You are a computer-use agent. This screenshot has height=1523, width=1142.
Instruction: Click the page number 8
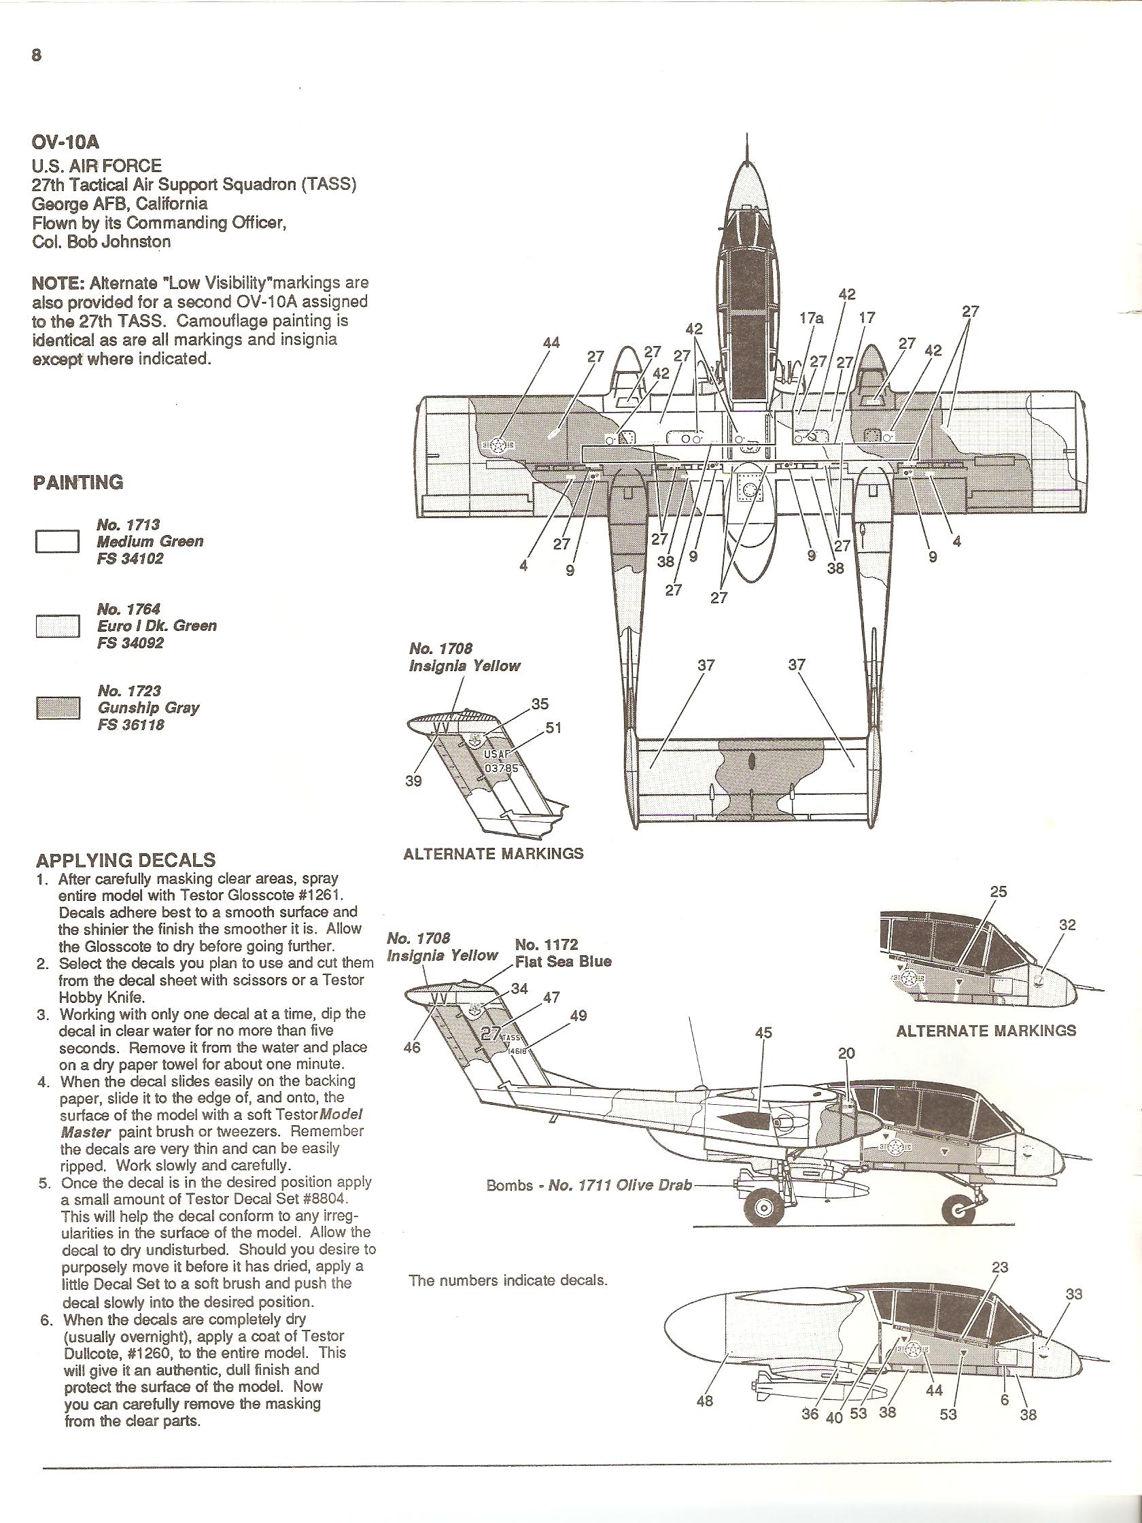37,56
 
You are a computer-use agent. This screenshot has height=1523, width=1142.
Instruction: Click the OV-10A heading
66,143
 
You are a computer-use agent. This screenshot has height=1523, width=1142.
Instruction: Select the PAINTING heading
77,482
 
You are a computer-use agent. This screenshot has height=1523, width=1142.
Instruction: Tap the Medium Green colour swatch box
58,541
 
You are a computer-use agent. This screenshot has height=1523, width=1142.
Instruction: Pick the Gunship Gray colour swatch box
58,708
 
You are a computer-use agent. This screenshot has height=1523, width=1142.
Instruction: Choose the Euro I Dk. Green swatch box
58,626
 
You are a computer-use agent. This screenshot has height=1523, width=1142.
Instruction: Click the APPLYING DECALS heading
125,860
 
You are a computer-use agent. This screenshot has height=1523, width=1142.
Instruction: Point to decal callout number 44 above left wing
551,342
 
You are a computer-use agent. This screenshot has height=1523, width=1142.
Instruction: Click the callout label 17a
812,318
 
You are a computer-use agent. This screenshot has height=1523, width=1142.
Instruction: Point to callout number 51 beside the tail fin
553,727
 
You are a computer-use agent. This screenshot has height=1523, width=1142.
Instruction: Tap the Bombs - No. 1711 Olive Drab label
589,1186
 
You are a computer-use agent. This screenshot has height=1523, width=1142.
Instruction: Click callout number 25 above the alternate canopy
998,891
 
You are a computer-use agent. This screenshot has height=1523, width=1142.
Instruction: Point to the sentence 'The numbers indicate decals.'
508,1281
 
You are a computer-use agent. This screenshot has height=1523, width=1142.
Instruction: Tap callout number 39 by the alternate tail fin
413,781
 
